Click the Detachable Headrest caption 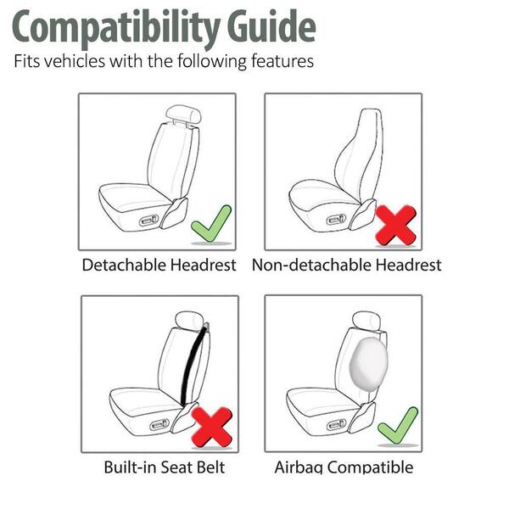(x=159, y=266)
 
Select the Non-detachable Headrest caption (x=346, y=266)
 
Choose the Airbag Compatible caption (x=344, y=467)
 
